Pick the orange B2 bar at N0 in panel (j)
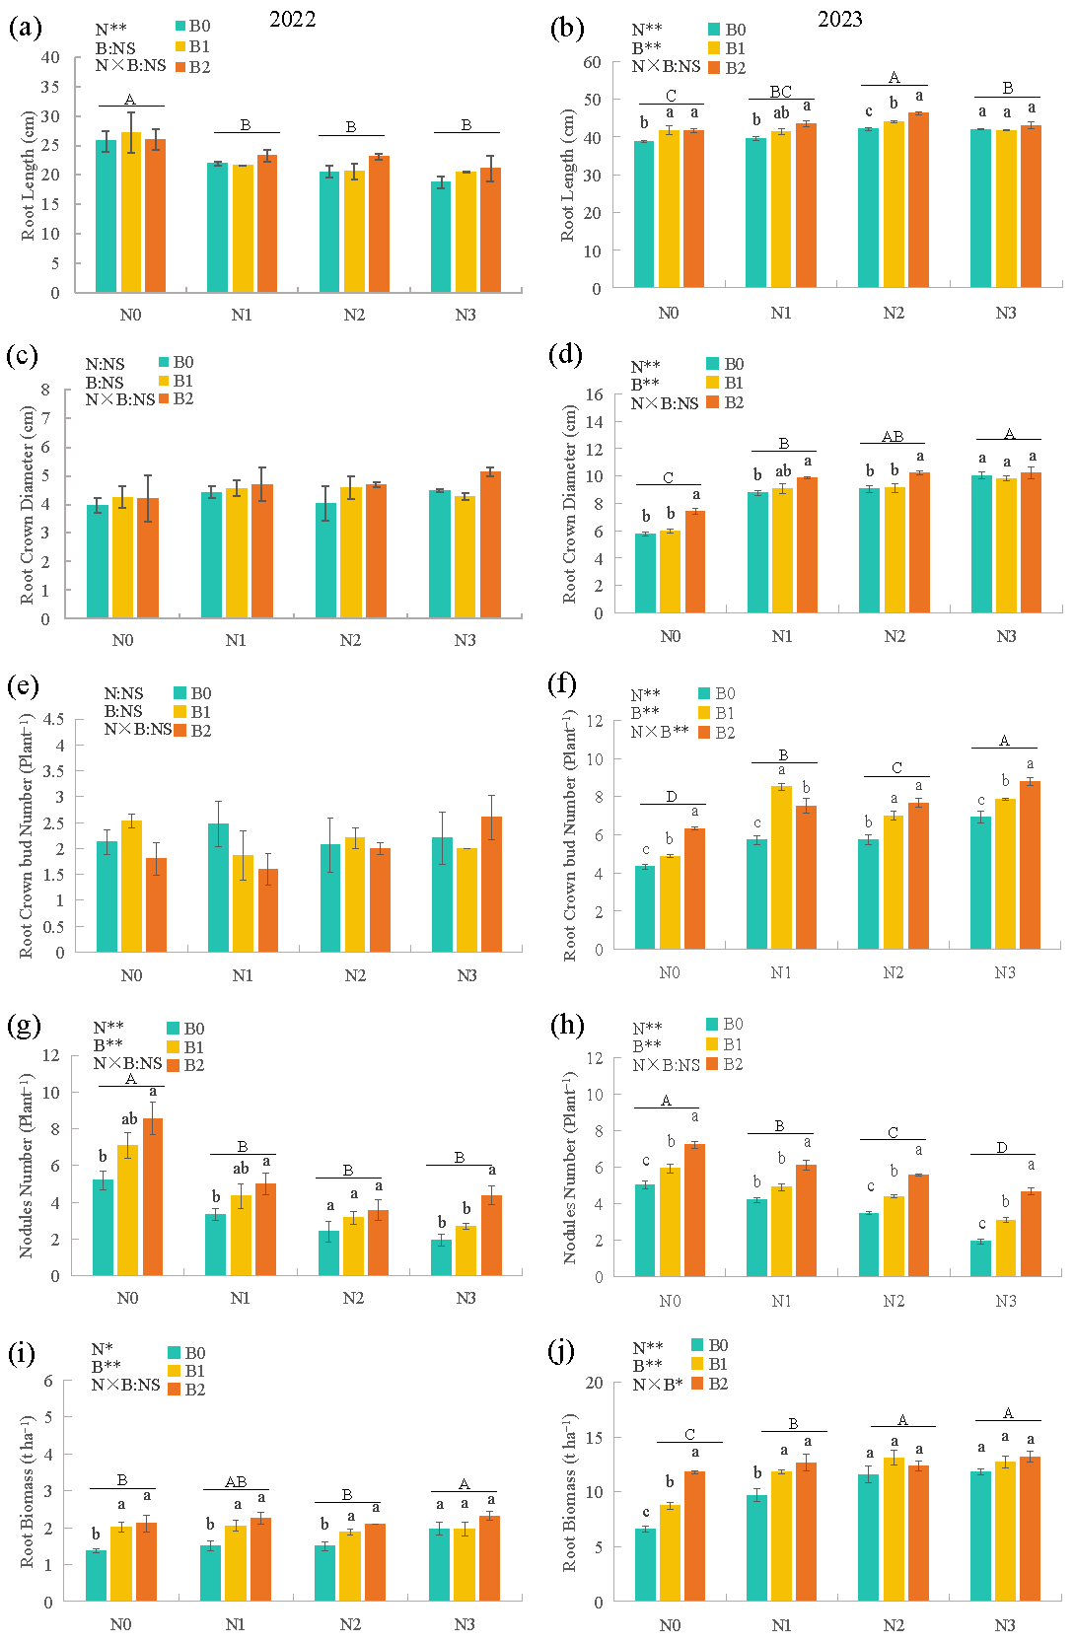(x=694, y=1536)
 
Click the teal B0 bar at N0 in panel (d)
(x=645, y=573)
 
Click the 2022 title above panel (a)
(x=292, y=20)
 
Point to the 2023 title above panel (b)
(x=839, y=19)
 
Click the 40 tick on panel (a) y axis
(x=50, y=57)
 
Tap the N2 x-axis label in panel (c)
(x=350, y=640)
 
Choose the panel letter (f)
(x=566, y=683)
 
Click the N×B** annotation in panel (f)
(x=660, y=732)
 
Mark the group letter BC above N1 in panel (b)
(x=781, y=92)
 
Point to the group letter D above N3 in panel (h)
(x=1002, y=1147)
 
